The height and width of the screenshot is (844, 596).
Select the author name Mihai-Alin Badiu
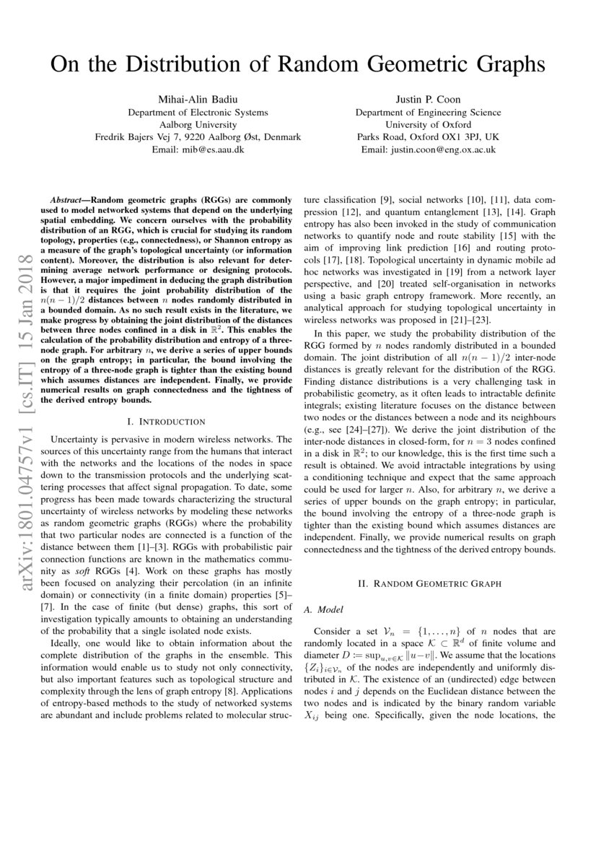click(x=198, y=98)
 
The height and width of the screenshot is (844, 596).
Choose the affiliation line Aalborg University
click(x=198, y=124)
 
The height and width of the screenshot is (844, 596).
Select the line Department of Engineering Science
click(x=428, y=112)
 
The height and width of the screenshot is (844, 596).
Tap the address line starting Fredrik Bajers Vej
click(x=198, y=137)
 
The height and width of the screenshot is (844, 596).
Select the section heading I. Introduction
click(x=166, y=421)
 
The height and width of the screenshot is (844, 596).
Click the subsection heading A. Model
click(x=320, y=609)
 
